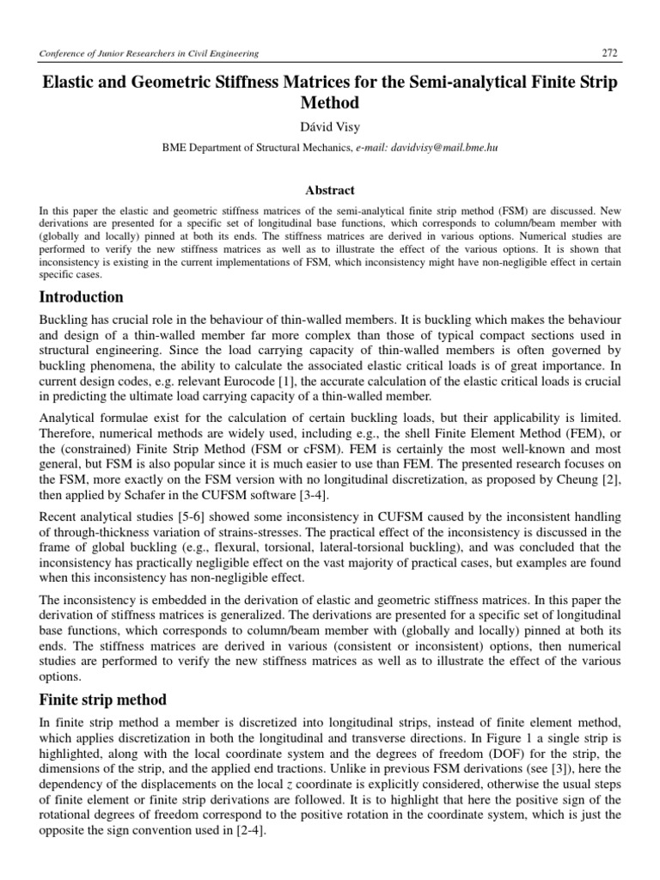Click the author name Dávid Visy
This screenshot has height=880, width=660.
(330, 127)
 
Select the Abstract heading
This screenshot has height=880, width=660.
(330, 190)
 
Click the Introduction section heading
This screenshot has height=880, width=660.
(82, 297)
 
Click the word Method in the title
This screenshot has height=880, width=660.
(330, 103)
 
